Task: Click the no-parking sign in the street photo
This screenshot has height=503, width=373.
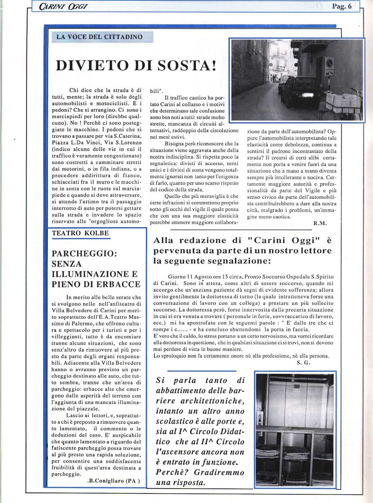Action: coord(329,66)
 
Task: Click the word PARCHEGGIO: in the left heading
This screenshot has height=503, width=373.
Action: coord(84,253)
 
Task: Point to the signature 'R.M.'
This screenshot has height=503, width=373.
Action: coord(320,223)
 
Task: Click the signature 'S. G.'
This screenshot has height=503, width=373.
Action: coord(304,362)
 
